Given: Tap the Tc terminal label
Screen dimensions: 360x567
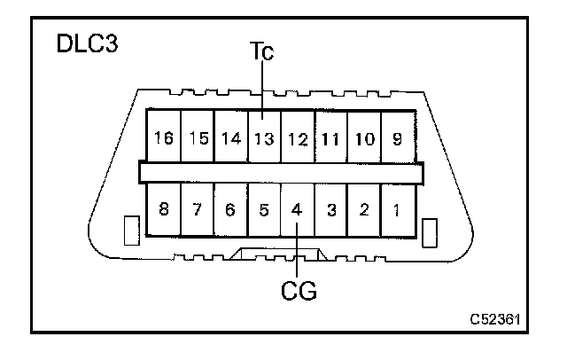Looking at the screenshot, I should (x=263, y=53).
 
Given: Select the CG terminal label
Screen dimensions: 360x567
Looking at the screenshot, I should (x=298, y=289).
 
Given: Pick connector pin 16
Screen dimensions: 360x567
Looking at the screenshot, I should (x=164, y=138).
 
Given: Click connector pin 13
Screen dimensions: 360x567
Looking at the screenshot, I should (x=263, y=138).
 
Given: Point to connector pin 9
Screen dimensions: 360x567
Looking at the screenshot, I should (x=396, y=138).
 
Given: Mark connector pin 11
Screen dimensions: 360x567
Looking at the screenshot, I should (x=330, y=138).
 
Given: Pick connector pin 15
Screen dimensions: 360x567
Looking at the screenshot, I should (x=198, y=138).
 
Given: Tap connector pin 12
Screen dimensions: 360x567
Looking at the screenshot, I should (x=297, y=138).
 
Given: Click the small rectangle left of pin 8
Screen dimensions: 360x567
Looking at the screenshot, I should (x=129, y=232).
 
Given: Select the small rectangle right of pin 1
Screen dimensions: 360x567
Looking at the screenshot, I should (x=431, y=232).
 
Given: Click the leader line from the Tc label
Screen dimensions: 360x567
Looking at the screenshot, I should (x=263, y=89).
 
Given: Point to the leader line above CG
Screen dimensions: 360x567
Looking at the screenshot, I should (x=297, y=253).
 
